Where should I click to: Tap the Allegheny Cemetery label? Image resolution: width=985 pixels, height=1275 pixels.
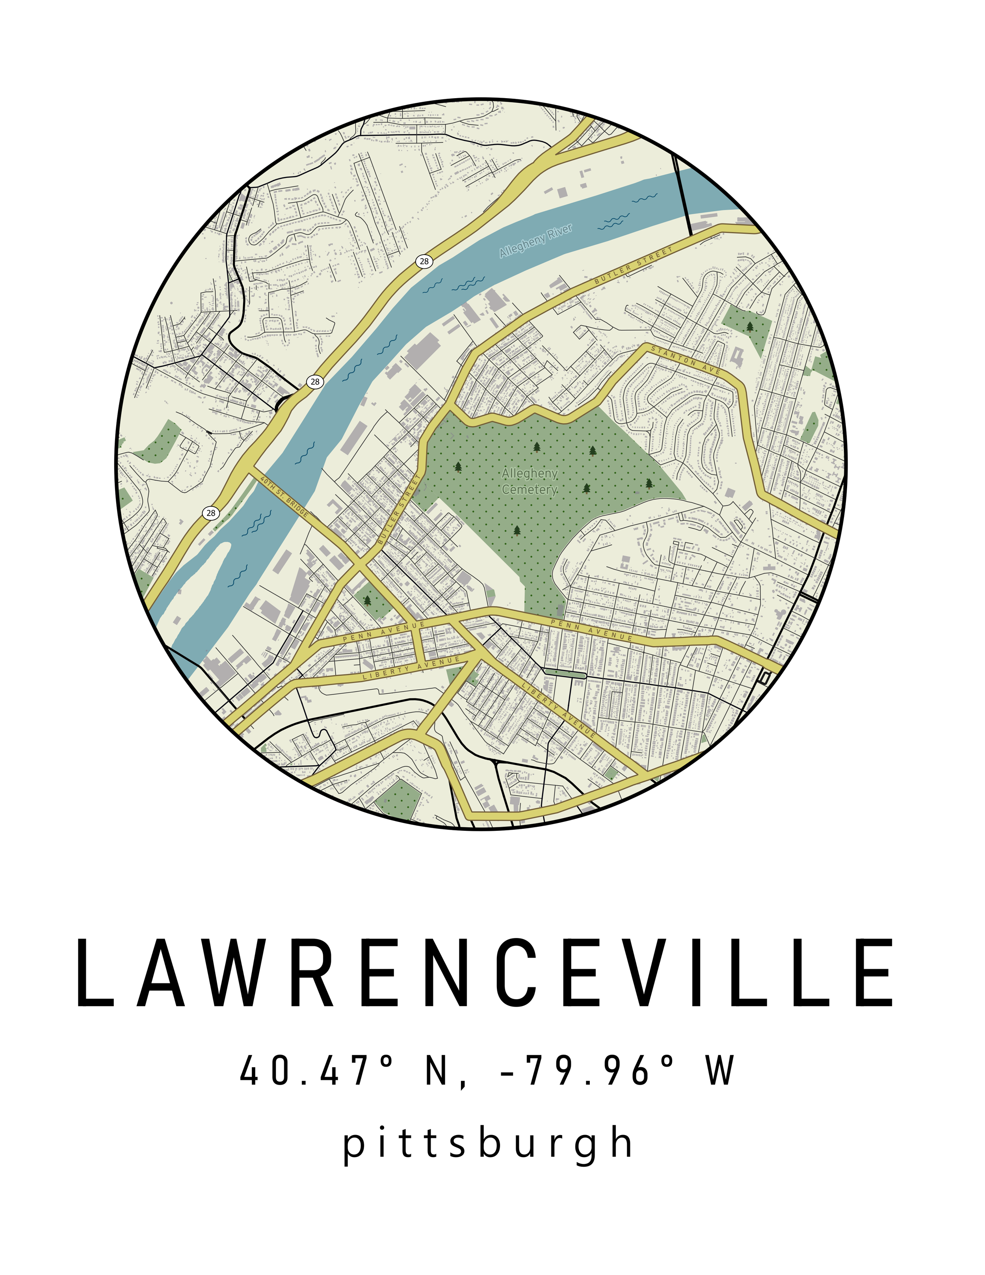(x=529, y=482)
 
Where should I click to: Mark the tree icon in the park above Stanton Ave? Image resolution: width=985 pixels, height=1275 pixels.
(x=750, y=326)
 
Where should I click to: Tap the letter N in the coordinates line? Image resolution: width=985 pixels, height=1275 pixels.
(x=438, y=1071)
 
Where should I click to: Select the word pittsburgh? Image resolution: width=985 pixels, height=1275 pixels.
(x=487, y=1144)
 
